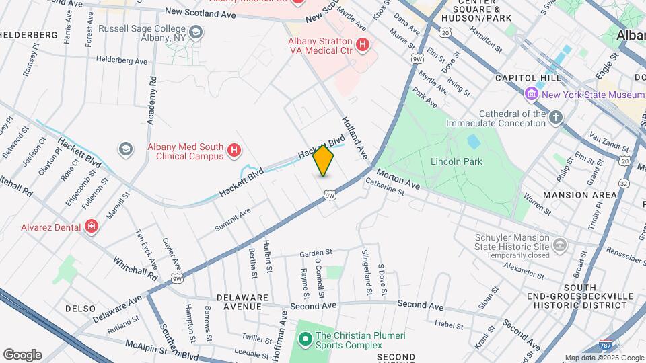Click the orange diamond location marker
coord(324,161)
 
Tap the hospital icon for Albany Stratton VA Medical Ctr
coord(363,46)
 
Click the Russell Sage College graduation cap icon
coord(195,32)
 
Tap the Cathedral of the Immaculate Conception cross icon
coord(555,118)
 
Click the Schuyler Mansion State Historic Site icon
coord(559,245)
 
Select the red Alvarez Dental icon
coord(91,227)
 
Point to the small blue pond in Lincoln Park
coord(474,141)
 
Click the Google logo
coord(22,355)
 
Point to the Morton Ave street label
coord(403,179)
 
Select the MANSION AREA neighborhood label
coord(579,195)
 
